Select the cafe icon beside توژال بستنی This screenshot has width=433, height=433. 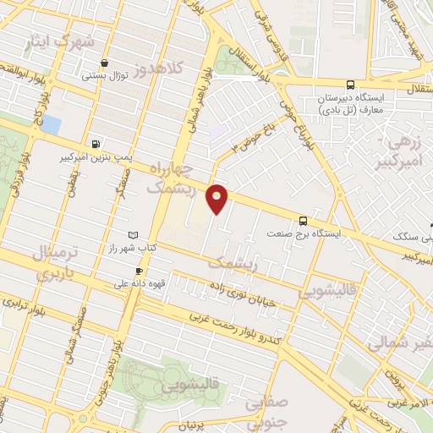pyautogui.click(x=103, y=63)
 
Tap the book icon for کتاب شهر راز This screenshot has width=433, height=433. pyautogui.click(x=131, y=234)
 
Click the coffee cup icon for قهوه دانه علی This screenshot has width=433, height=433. pyautogui.click(x=139, y=271)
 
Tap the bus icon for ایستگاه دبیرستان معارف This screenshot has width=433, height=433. pyautogui.click(x=350, y=84)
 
